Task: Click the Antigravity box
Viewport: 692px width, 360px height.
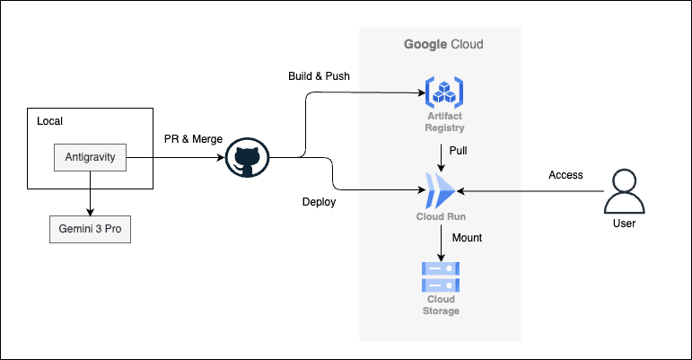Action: [x=91, y=157]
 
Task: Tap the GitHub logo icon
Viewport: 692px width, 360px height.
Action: [x=247, y=158]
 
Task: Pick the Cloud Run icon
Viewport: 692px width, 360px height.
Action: [x=442, y=189]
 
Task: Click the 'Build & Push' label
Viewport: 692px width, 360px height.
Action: [x=319, y=75]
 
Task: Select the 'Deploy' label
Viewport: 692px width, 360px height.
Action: [x=319, y=202]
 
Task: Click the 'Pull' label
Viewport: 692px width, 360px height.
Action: [x=458, y=150]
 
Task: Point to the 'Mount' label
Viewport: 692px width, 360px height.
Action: [x=466, y=238]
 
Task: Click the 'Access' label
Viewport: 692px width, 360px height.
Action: [x=565, y=175]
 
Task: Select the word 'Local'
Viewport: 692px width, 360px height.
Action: [x=49, y=121]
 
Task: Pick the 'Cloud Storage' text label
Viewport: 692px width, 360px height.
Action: [x=442, y=304]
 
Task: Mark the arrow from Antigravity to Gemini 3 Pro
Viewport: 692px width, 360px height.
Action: [x=91, y=193]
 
